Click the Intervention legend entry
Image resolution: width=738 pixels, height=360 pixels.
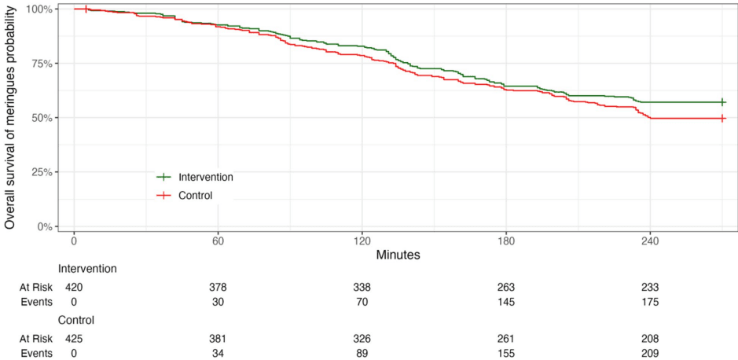(205, 177)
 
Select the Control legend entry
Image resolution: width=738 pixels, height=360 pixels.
(195, 195)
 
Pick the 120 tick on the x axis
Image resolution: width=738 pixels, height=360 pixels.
(362, 241)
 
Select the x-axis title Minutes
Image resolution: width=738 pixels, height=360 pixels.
(398, 255)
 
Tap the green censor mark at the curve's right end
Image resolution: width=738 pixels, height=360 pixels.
(722, 102)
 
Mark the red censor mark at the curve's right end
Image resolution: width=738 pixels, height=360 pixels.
(722, 118)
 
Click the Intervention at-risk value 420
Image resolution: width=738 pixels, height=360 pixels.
(74, 288)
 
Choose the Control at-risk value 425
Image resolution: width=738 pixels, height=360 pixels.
(74, 339)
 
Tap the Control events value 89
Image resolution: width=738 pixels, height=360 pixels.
(362, 353)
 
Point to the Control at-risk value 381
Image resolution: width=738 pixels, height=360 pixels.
(218, 339)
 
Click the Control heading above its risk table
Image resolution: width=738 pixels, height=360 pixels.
(76, 321)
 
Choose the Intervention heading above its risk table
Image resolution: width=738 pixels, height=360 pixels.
(87, 269)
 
